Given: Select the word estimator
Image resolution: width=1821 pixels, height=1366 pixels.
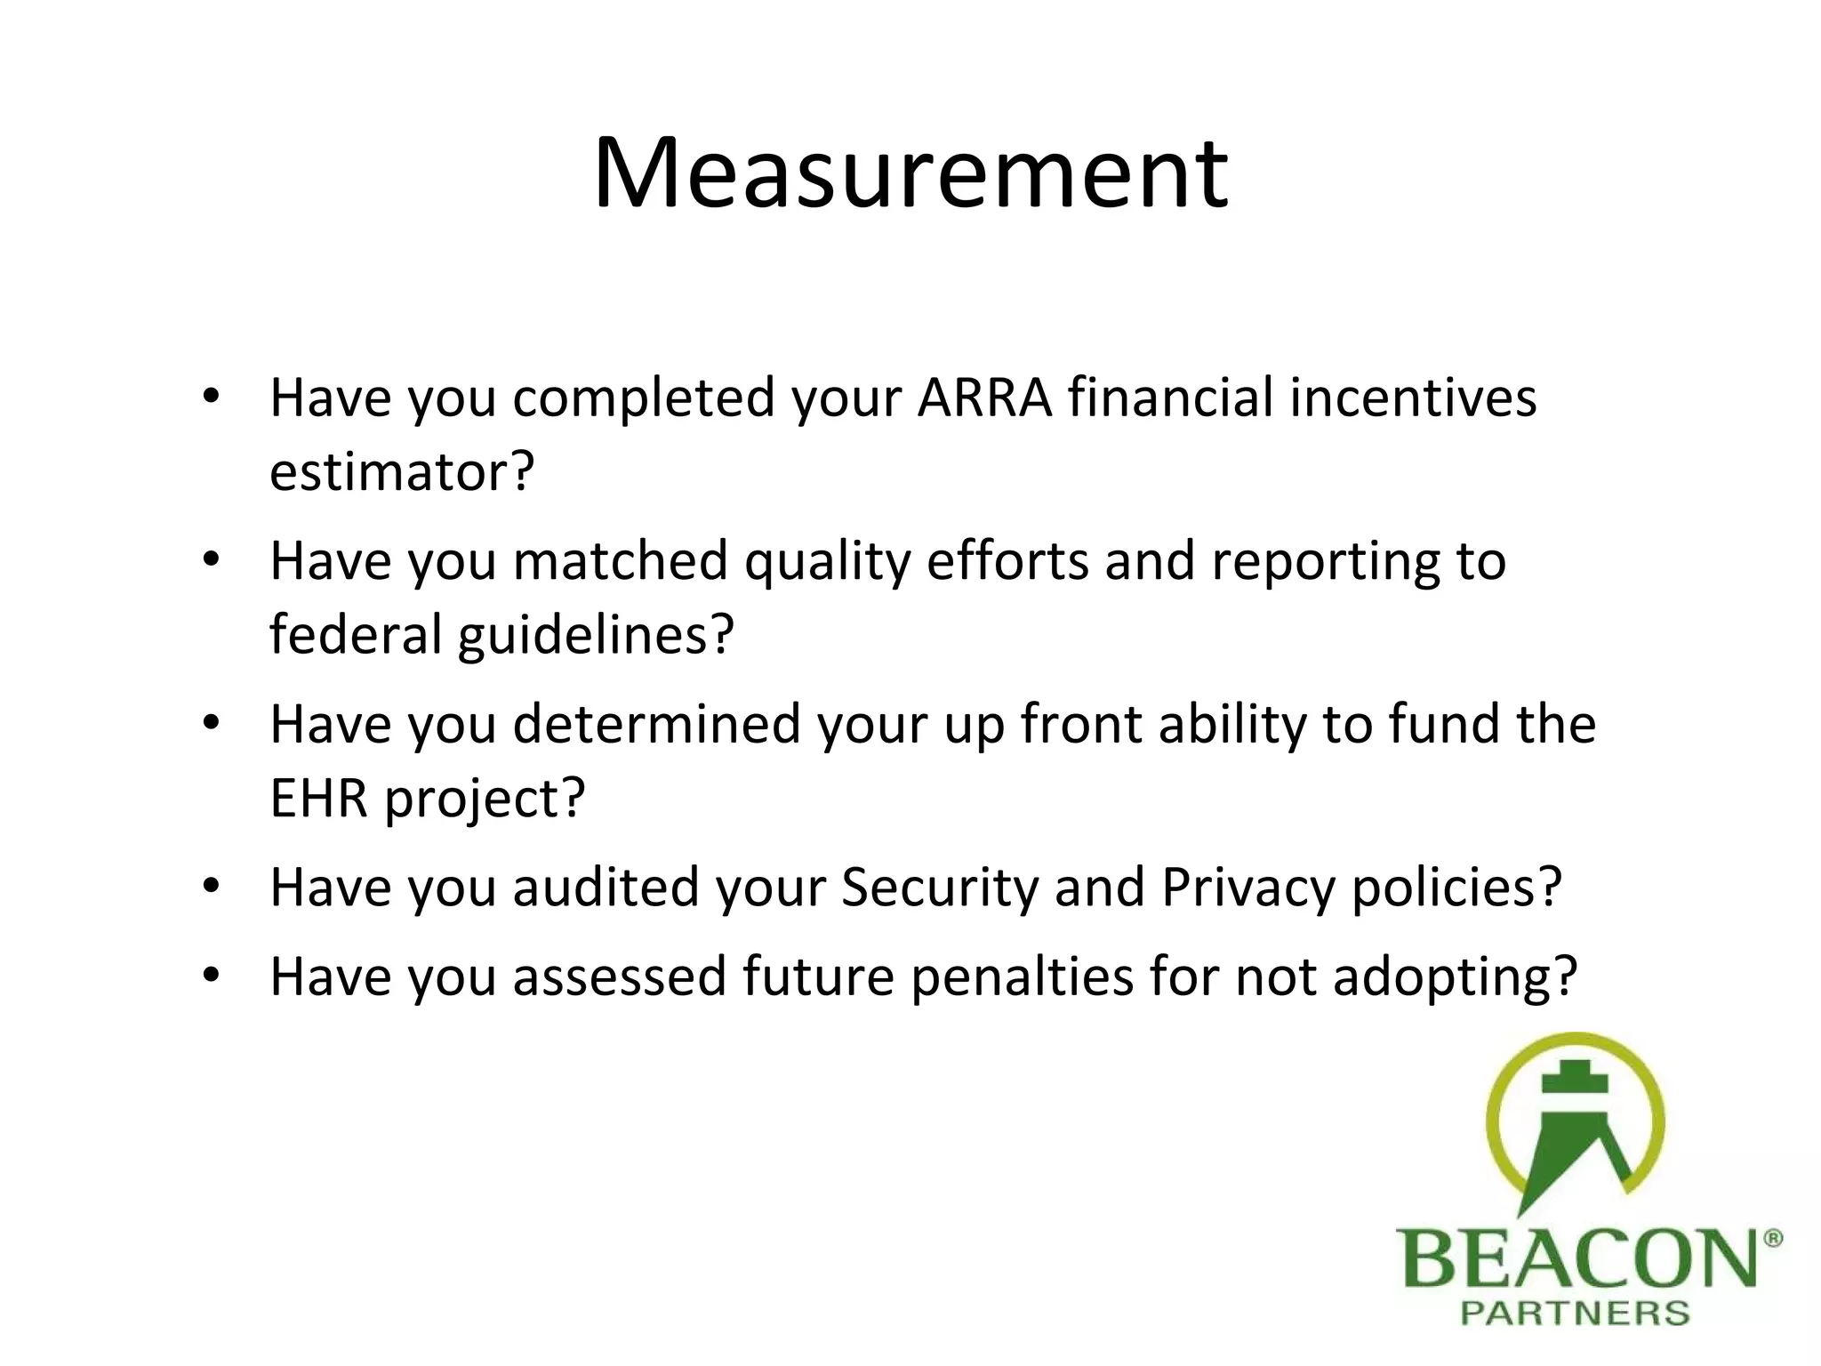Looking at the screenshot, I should point(401,471).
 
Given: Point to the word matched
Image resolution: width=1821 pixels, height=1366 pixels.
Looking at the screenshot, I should point(620,561).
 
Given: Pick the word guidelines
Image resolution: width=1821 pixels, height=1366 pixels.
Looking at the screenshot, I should point(596,635).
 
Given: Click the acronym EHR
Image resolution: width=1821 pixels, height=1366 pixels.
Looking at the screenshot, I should point(318,798).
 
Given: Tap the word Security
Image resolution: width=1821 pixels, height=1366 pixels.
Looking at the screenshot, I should point(939,888).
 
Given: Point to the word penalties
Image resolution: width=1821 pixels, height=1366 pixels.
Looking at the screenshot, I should point(1023,976).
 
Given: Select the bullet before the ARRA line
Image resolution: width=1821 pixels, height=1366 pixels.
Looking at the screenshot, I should point(211,397).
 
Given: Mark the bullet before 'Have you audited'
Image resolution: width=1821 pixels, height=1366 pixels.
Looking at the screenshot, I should point(211,887).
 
